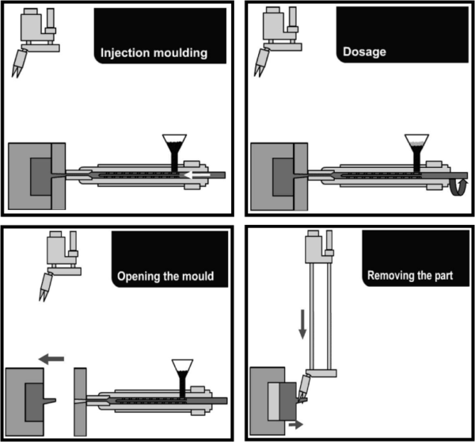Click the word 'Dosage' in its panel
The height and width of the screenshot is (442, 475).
(364, 52)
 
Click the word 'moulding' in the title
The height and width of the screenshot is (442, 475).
(178, 54)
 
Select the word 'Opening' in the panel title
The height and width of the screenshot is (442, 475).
(138, 277)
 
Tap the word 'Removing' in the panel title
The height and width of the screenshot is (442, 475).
(393, 276)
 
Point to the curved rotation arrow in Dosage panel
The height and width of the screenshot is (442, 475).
(458, 189)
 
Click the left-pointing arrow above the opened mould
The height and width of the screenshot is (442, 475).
(51, 359)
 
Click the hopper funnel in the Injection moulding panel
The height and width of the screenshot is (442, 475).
(173, 145)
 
